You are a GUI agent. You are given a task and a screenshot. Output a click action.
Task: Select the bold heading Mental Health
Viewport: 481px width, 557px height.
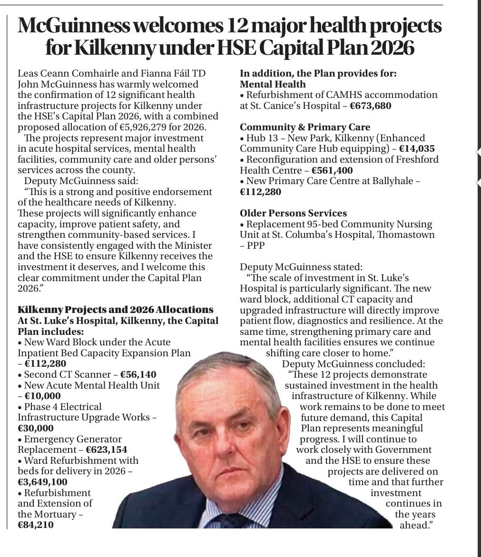[x=273, y=84]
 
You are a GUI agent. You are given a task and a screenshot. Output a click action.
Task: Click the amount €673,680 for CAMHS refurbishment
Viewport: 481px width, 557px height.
[x=371, y=106]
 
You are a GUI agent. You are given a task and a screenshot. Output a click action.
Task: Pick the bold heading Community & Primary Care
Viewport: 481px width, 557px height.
[x=305, y=127]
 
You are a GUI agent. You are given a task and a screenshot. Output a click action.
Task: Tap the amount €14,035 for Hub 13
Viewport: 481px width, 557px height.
[x=417, y=148]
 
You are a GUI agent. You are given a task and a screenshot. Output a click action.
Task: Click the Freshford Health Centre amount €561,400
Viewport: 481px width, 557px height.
[x=332, y=170]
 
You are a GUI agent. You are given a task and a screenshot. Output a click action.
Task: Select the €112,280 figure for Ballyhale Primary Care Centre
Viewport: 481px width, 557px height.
[x=260, y=192]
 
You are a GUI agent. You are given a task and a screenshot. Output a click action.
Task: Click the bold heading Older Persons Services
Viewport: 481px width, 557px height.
[x=293, y=213]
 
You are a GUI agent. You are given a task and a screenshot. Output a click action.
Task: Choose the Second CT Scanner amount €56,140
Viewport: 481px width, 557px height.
[x=138, y=374]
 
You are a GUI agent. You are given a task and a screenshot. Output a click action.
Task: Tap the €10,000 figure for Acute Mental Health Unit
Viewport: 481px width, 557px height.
[x=42, y=396]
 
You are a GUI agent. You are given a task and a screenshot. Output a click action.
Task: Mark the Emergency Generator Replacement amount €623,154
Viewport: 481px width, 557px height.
[x=107, y=450]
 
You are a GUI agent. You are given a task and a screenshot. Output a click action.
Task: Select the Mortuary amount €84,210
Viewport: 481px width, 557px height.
[x=36, y=525]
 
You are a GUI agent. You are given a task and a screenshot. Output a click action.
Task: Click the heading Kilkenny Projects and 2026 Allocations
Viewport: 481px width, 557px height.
[x=115, y=310]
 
